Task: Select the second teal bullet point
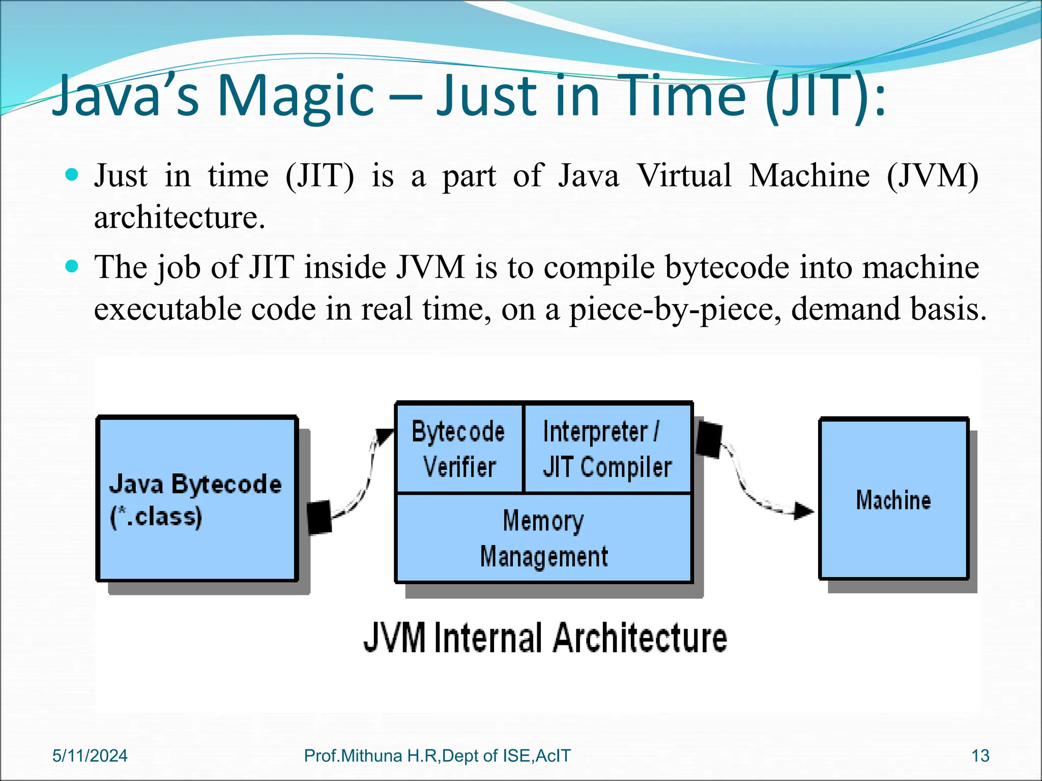[72, 266]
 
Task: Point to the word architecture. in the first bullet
[180, 218]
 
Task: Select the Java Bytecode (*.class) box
[197, 499]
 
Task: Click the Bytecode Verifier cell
[459, 448]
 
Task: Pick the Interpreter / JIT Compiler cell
[607, 448]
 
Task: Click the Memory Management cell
[543, 538]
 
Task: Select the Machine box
[893, 499]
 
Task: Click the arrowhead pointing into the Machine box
[804, 510]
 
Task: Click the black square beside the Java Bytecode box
[320, 517]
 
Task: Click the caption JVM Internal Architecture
[545, 638]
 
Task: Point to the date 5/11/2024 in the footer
[90, 756]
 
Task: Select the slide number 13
[980, 756]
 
